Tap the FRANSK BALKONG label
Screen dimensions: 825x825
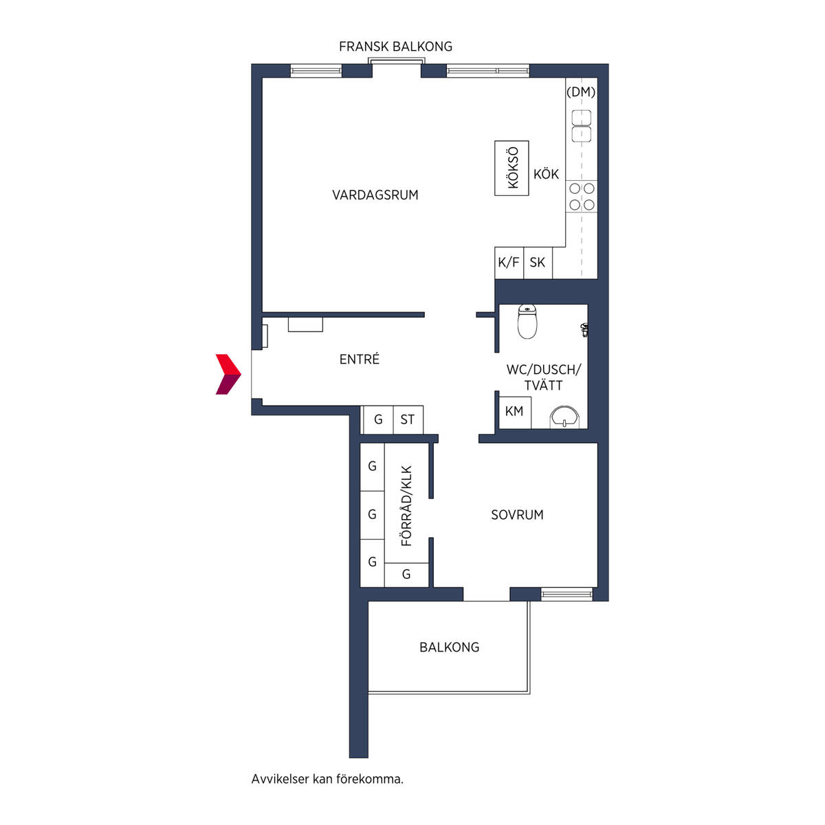pyautogui.click(x=395, y=46)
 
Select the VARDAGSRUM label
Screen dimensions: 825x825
pyautogui.click(x=375, y=195)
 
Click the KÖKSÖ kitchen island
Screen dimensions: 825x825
pyautogui.click(x=511, y=168)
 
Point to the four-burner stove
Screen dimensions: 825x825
pyautogui.click(x=582, y=197)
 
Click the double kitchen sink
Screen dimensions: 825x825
pyautogui.click(x=582, y=126)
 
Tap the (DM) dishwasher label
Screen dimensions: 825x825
pyautogui.click(x=581, y=91)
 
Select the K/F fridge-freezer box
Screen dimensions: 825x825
pyautogui.click(x=509, y=263)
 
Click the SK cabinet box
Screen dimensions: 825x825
pyautogui.click(x=538, y=263)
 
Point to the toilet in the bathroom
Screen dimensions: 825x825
pyautogui.click(x=527, y=321)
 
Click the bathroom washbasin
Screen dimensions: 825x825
pyautogui.click(x=564, y=417)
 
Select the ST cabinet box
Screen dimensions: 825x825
pyautogui.click(x=408, y=419)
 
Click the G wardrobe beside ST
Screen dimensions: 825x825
pyautogui.click(x=378, y=419)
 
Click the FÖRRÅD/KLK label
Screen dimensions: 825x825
pyautogui.click(x=407, y=505)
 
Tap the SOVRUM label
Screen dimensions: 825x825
pyautogui.click(x=517, y=515)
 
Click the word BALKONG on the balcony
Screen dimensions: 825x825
pyautogui.click(x=449, y=647)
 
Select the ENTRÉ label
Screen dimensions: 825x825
pyautogui.click(x=359, y=359)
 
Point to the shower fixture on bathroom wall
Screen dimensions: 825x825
pyautogui.click(x=584, y=330)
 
